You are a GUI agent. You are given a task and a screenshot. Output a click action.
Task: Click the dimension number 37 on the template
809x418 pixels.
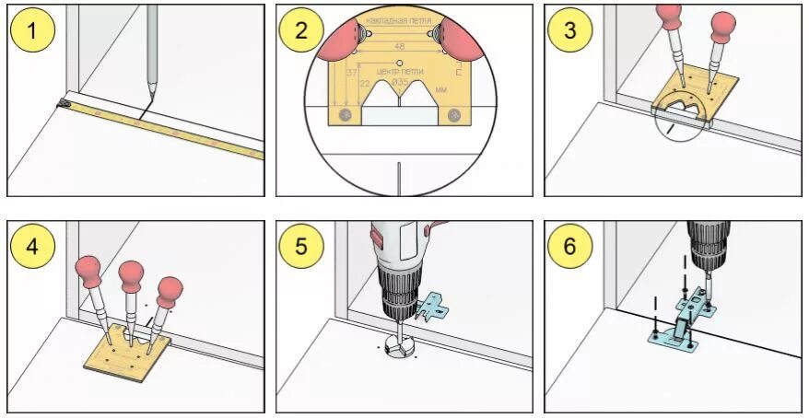[352, 74]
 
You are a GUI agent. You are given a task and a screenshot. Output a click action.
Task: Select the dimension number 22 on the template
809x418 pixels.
[365, 84]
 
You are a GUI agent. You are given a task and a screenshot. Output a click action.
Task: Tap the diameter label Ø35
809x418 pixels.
[401, 83]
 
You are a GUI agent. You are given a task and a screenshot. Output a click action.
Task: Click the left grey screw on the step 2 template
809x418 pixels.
[345, 115]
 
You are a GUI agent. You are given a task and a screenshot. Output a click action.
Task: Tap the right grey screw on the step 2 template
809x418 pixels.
[453, 115]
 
